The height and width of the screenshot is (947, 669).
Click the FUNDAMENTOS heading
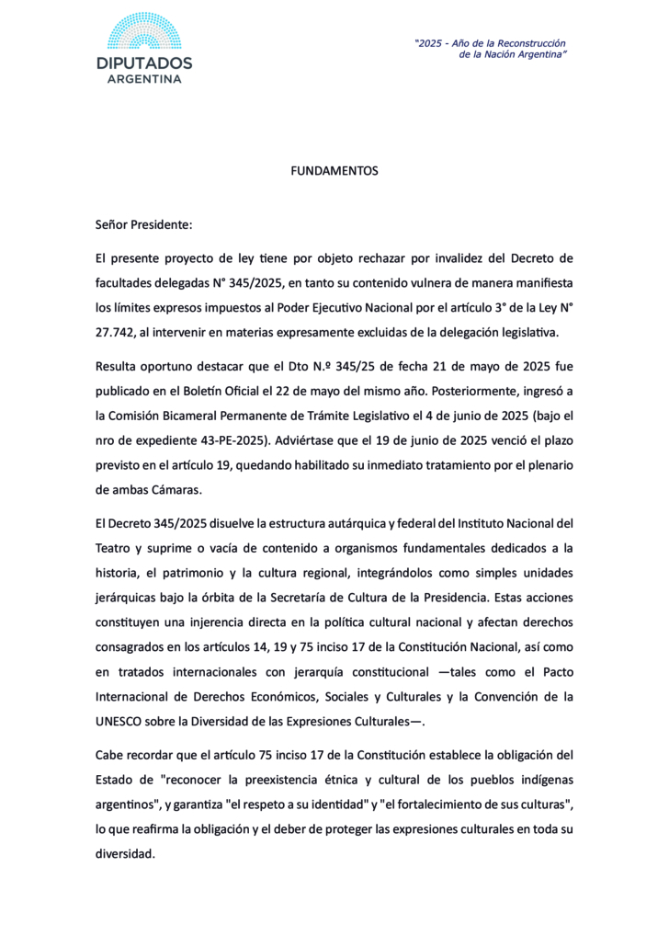pos(334,171)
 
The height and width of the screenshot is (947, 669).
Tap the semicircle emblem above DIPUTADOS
pos(144,32)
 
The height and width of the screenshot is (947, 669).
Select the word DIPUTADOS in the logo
pos(144,63)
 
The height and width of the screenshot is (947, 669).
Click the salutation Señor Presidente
pos(143,224)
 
